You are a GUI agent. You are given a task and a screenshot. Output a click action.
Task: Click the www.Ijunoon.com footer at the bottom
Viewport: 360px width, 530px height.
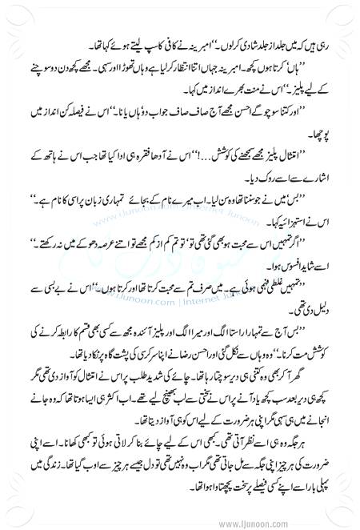318,523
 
